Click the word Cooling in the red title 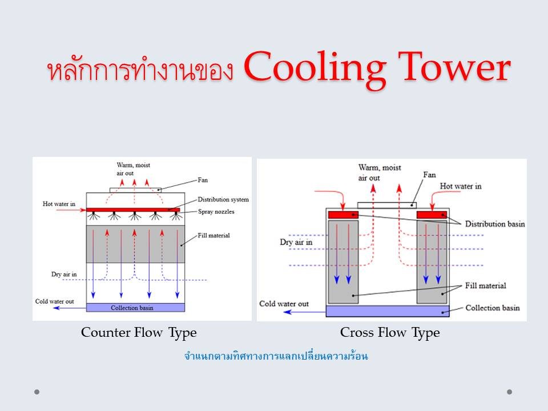[315, 68]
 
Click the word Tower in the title [454, 66]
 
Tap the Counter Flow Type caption [139, 333]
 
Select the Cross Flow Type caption [390, 333]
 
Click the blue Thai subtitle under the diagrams [276, 356]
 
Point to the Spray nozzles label [216, 212]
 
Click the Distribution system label [223, 200]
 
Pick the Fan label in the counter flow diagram [203, 180]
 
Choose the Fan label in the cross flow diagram [429, 175]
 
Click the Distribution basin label [495, 224]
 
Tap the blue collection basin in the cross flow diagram [388, 311]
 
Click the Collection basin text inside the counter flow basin [132, 308]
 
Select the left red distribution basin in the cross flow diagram [343, 215]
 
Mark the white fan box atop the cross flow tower [387, 205]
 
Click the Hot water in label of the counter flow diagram [59, 204]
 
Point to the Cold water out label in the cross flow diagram [284, 304]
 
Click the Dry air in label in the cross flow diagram [296, 242]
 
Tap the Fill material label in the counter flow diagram [214, 236]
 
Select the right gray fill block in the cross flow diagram [432, 261]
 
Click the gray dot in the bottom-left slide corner [37, 392]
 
